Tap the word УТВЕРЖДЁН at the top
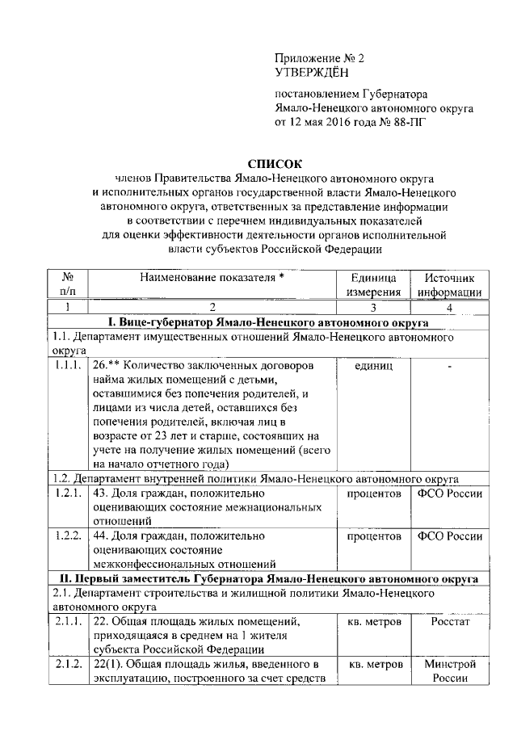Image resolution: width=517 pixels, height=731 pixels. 311,73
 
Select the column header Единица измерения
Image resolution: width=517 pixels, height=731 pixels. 374,284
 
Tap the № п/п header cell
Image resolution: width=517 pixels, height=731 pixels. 69,284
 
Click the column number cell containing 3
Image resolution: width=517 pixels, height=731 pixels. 374,307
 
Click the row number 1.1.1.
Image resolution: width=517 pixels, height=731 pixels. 69,366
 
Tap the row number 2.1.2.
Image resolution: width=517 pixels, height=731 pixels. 69,664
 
